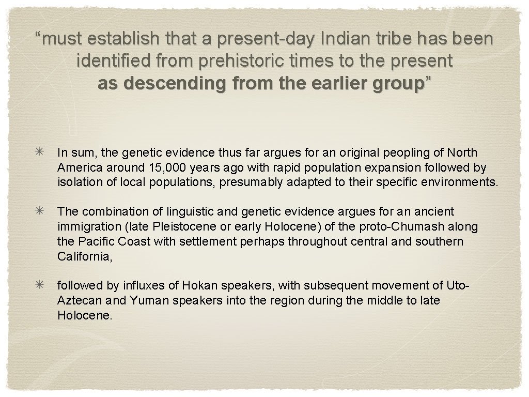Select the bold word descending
click(x=164, y=84)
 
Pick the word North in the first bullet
click(x=462, y=153)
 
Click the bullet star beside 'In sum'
click(x=40, y=152)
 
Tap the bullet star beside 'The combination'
click(x=40, y=211)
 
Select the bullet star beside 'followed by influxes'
click(x=40, y=285)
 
